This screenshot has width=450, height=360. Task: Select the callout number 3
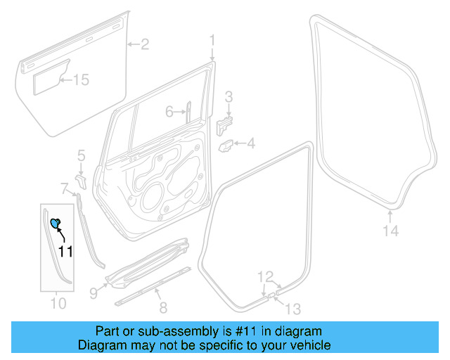click(229, 96)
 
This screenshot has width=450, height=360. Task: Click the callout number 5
click(81, 154)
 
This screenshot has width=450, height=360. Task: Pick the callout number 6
click(169, 112)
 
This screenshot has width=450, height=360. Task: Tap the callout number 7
click(64, 188)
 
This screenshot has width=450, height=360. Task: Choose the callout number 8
click(163, 307)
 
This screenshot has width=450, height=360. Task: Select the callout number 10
click(58, 303)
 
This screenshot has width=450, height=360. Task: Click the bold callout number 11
click(65, 251)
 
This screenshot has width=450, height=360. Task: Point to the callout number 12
click(264, 276)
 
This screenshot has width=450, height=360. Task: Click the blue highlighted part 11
click(55, 224)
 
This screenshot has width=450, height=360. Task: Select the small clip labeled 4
click(227, 146)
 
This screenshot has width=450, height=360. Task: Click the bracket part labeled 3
click(224, 124)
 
